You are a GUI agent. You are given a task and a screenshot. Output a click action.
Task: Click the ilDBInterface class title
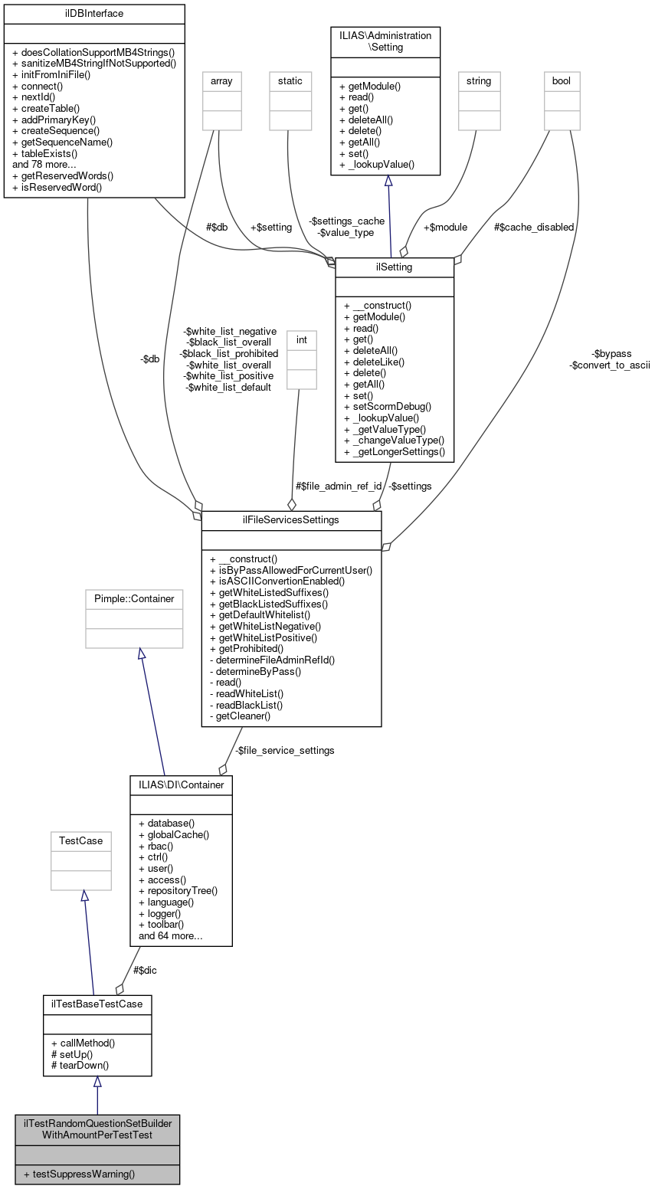(94, 13)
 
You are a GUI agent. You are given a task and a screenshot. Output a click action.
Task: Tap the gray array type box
(221, 80)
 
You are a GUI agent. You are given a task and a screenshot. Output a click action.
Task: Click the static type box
(290, 80)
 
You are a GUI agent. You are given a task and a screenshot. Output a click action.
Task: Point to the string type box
(478, 80)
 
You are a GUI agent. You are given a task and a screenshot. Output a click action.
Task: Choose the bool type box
(562, 80)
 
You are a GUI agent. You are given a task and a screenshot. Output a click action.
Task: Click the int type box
(301, 338)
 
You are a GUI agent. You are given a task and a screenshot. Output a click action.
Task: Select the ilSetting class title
(395, 267)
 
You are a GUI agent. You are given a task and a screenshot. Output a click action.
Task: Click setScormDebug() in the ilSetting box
(388, 406)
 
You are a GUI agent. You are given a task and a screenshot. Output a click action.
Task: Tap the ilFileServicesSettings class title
(291, 520)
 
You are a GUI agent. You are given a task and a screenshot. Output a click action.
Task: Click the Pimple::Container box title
(134, 598)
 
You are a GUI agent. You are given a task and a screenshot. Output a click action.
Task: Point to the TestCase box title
(81, 840)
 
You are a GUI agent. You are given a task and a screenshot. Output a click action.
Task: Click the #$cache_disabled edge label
(534, 227)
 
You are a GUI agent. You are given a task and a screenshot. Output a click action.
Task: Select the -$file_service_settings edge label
(284, 750)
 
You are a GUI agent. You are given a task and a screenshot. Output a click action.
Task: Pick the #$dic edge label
(146, 970)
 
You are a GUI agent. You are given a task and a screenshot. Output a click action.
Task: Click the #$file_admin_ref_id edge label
(338, 486)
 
